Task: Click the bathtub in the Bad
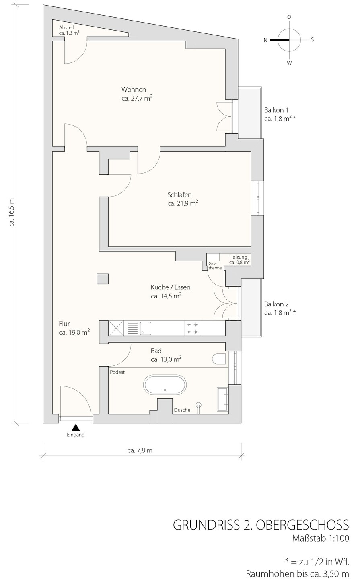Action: [x=165, y=385]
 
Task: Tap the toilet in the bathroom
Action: [x=219, y=359]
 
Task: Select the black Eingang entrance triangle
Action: [x=76, y=427]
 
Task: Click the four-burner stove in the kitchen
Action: [x=193, y=328]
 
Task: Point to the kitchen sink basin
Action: [x=146, y=328]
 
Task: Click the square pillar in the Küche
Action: [x=103, y=279]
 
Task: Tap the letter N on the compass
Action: [x=265, y=40]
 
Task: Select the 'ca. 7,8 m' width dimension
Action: [x=140, y=451]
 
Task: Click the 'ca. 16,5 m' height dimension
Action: [x=12, y=212]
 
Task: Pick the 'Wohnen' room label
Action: [x=134, y=90]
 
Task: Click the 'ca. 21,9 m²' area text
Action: [x=183, y=203]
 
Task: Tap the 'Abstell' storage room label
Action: [x=66, y=27]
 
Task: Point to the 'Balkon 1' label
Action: [x=276, y=110]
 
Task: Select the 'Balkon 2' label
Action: [x=276, y=304]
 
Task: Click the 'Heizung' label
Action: [x=238, y=257]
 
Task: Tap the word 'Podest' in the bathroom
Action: [x=117, y=372]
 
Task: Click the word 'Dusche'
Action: [x=182, y=410]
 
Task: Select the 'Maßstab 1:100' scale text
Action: [x=321, y=538]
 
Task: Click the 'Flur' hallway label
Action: [x=64, y=324]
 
